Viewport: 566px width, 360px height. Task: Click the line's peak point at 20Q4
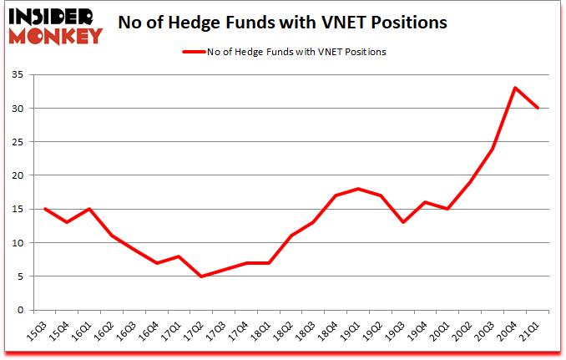click(x=516, y=88)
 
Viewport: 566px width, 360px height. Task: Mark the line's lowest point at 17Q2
click(x=200, y=276)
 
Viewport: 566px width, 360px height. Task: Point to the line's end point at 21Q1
click(x=538, y=109)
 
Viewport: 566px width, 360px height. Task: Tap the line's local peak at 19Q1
click(x=358, y=189)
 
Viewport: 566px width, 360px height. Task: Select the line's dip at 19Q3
click(x=403, y=222)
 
